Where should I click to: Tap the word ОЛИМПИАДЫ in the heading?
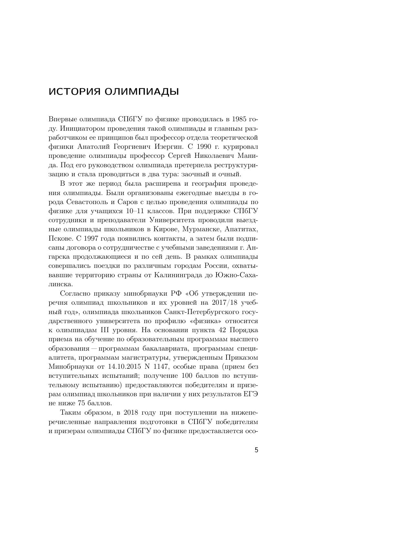click(142, 92)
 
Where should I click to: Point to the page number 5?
click(256, 450)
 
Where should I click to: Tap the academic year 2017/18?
click(224, 303)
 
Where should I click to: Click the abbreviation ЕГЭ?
click(251, 394)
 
